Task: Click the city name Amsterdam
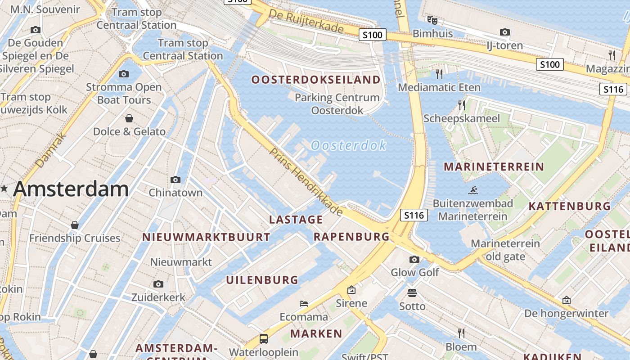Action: (71, 189)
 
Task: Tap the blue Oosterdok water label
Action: (349, 145)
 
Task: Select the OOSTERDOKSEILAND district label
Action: (316, 80)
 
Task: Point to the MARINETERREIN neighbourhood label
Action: (494, 167)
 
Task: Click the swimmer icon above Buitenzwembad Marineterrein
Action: (472, 190)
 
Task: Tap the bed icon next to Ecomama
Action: (304, 304)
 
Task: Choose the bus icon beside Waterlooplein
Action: (264, 338)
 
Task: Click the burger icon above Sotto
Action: (412, 293)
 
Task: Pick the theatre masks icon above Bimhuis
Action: (432, 20)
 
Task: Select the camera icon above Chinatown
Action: (175, 180)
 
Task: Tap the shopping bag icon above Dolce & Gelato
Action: (129, 118)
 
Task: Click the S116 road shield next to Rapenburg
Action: (414, 216)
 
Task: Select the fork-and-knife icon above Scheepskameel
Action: (462, 105)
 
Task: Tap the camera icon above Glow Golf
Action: (414, 259)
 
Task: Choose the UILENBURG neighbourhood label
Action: (262, 280)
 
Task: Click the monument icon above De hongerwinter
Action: (567, 300)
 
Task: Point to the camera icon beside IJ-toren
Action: (505, 32)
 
